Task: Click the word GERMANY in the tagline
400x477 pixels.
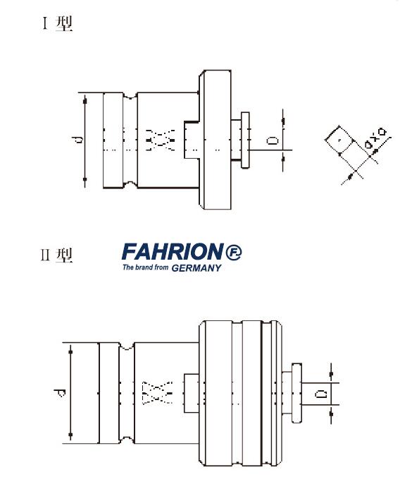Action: (192, 267)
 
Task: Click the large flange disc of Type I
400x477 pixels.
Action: (215, 141)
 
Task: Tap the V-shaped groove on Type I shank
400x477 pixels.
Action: (130, 97)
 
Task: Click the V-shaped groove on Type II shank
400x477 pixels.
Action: (127, 349)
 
